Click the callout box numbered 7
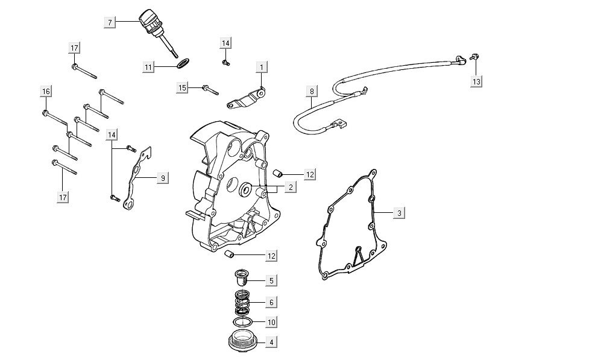pos(110,22)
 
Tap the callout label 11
pos(148,68)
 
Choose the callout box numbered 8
pos(312,92)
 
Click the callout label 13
pos(476,81)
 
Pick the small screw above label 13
pos(474,57)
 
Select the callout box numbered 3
pos(398,213)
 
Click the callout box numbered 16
pos(46,91)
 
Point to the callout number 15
pos(183,87)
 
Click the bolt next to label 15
pos(209,89)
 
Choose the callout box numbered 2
pos(290,188)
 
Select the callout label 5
pos(271,280)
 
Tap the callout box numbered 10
pos(271,321)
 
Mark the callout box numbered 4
pos(271,342)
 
